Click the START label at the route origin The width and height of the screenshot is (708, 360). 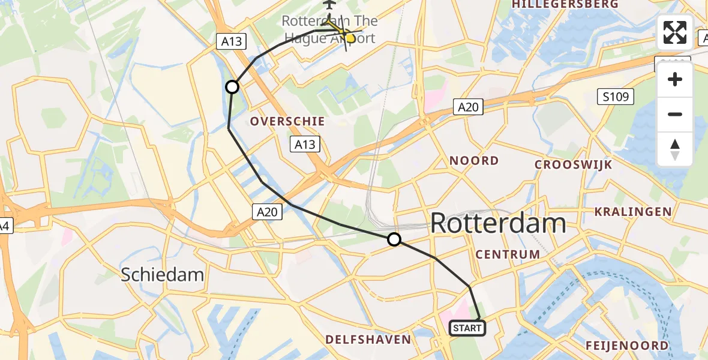467,328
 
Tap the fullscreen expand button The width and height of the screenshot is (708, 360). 675,32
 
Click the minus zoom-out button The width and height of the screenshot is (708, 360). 675,114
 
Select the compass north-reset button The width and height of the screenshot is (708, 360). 675,149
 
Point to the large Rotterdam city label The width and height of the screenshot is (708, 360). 498,223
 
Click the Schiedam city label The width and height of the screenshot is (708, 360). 162,275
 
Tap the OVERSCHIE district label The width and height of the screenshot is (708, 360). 287,121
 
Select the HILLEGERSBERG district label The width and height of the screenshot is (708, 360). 565,5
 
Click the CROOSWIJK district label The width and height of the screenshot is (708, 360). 573,164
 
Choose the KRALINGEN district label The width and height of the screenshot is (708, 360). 632,211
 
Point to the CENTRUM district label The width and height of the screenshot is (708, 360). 508,254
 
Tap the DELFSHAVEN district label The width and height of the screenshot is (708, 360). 368,340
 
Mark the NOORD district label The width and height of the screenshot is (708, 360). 474,160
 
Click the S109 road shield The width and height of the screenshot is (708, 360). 615,96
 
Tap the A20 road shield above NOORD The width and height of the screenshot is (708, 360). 467,107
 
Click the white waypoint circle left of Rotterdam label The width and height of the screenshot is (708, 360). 394,240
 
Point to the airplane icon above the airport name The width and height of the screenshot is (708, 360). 329,5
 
